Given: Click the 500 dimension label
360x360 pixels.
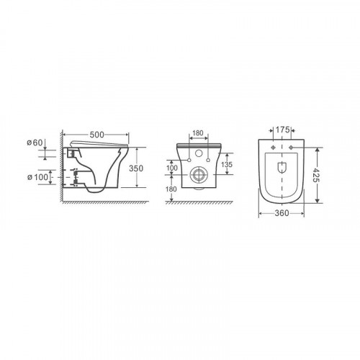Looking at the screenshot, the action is coord(96,135).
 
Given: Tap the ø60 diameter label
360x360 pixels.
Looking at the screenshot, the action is coord(35,143).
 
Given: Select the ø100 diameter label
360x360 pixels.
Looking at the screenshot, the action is coord(37,177).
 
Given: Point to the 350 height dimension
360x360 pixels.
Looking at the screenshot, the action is coord(136,168).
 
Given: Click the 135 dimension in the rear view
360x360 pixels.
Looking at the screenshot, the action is coord(227,164).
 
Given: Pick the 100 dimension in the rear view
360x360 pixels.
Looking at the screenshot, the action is coord(172,168).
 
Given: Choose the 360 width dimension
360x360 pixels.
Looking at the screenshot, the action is coord(282,213).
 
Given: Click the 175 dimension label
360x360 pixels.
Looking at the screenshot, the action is coord(282,130).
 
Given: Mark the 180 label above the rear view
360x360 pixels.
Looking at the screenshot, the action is coord(198,133).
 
